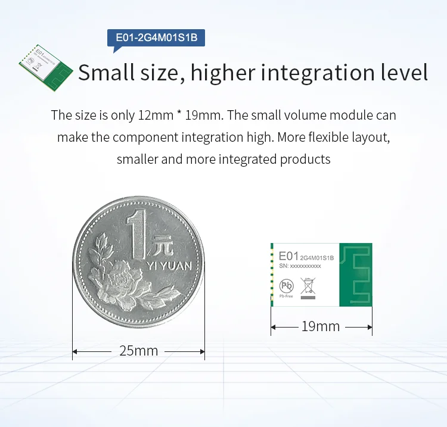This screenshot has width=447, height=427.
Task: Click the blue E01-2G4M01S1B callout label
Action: pos(156,38)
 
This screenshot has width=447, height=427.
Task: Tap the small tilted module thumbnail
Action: pos(46,68)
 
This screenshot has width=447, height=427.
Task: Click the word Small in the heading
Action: pos(106,72)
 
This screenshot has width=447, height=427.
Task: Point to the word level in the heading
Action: pos(405,72)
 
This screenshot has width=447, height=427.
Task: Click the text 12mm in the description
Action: pos(156,116)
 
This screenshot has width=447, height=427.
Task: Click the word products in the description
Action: pos(305,160)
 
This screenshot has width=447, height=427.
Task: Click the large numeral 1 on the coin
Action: pos(137,234)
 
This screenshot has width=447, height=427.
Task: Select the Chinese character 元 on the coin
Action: pos(163,245)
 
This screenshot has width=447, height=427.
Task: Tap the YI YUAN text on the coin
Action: pos(169,266)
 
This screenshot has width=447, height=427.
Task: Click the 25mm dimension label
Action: pos(138,351)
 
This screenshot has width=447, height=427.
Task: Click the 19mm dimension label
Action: pos(321,326)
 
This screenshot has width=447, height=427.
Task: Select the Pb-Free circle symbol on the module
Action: pos(287,286)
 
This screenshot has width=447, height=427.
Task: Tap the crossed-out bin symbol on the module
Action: pos(308,286)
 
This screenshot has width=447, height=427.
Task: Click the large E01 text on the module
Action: pos(288,256)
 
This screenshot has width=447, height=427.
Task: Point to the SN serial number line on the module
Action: pos(300,266)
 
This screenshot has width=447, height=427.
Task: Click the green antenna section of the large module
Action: pos(356,275)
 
